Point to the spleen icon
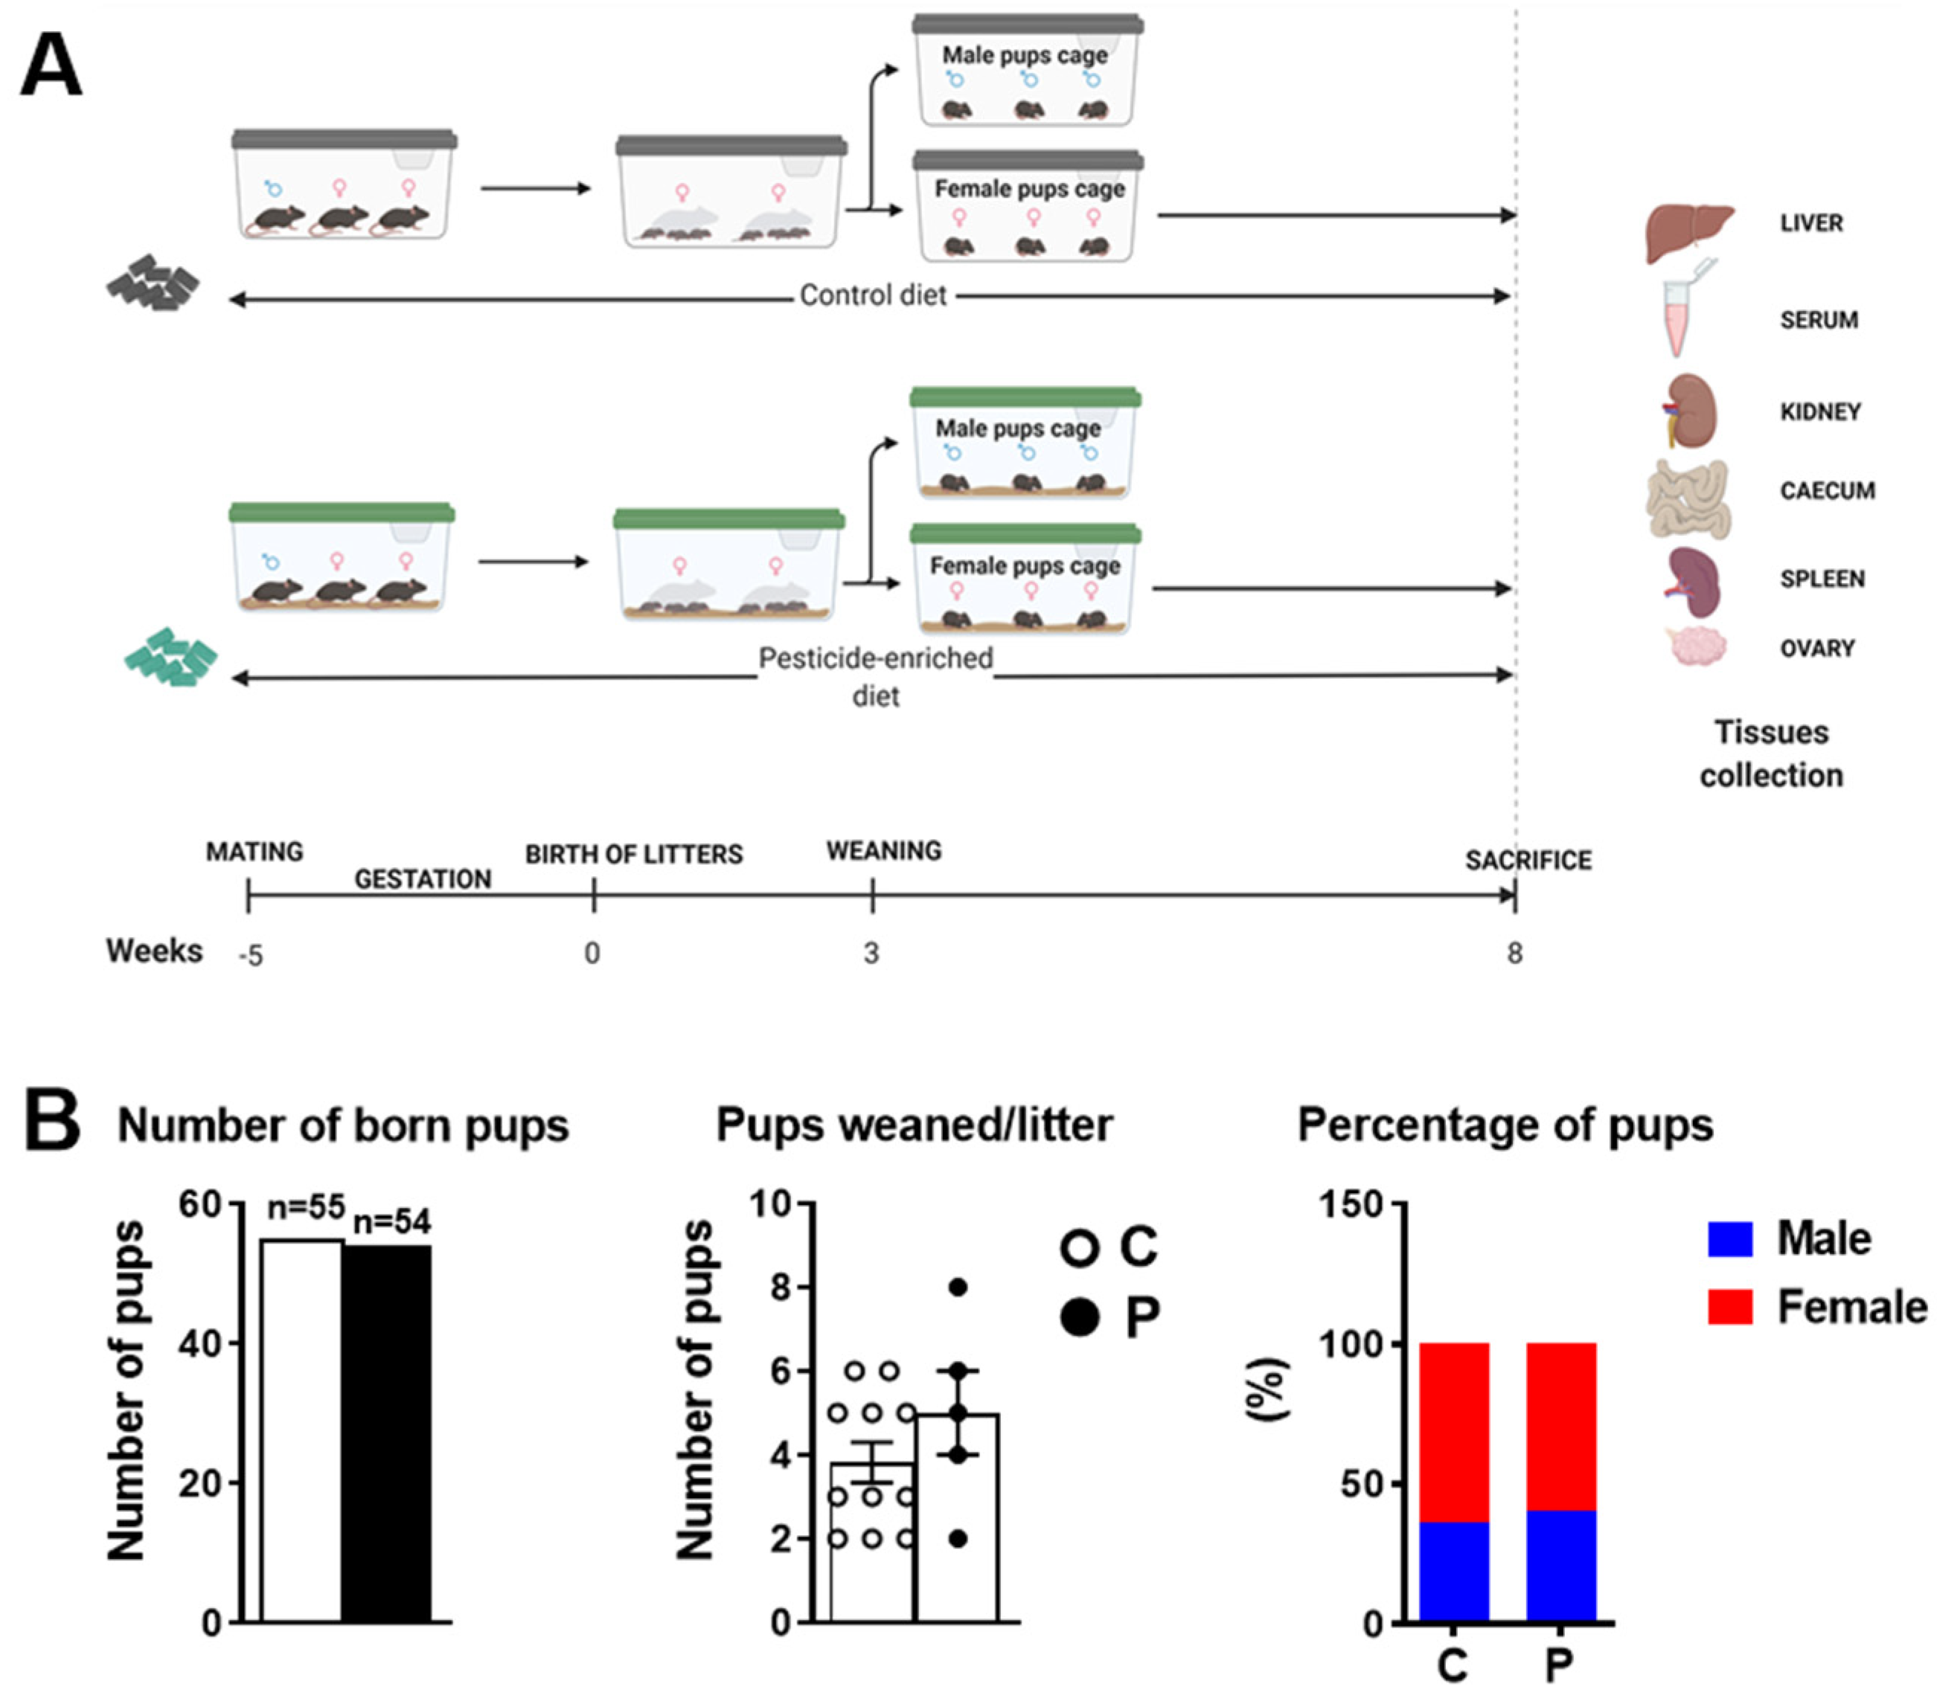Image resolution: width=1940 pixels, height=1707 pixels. [1693, 581]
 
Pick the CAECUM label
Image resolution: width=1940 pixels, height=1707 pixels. [1827, 491]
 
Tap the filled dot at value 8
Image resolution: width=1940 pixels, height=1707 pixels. [958, 1288]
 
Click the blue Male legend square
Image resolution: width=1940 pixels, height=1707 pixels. [1729, 1239]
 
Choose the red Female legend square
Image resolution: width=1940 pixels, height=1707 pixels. [1729, 1308]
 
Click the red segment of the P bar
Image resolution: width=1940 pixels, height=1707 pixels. [1561, 1426]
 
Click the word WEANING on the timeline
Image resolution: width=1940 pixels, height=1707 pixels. [883, 851]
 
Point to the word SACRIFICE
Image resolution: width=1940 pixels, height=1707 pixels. [1528, 861]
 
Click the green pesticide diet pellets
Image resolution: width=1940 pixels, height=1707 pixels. [172, 657]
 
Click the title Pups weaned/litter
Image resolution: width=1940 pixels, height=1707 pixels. [914, 1125]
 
